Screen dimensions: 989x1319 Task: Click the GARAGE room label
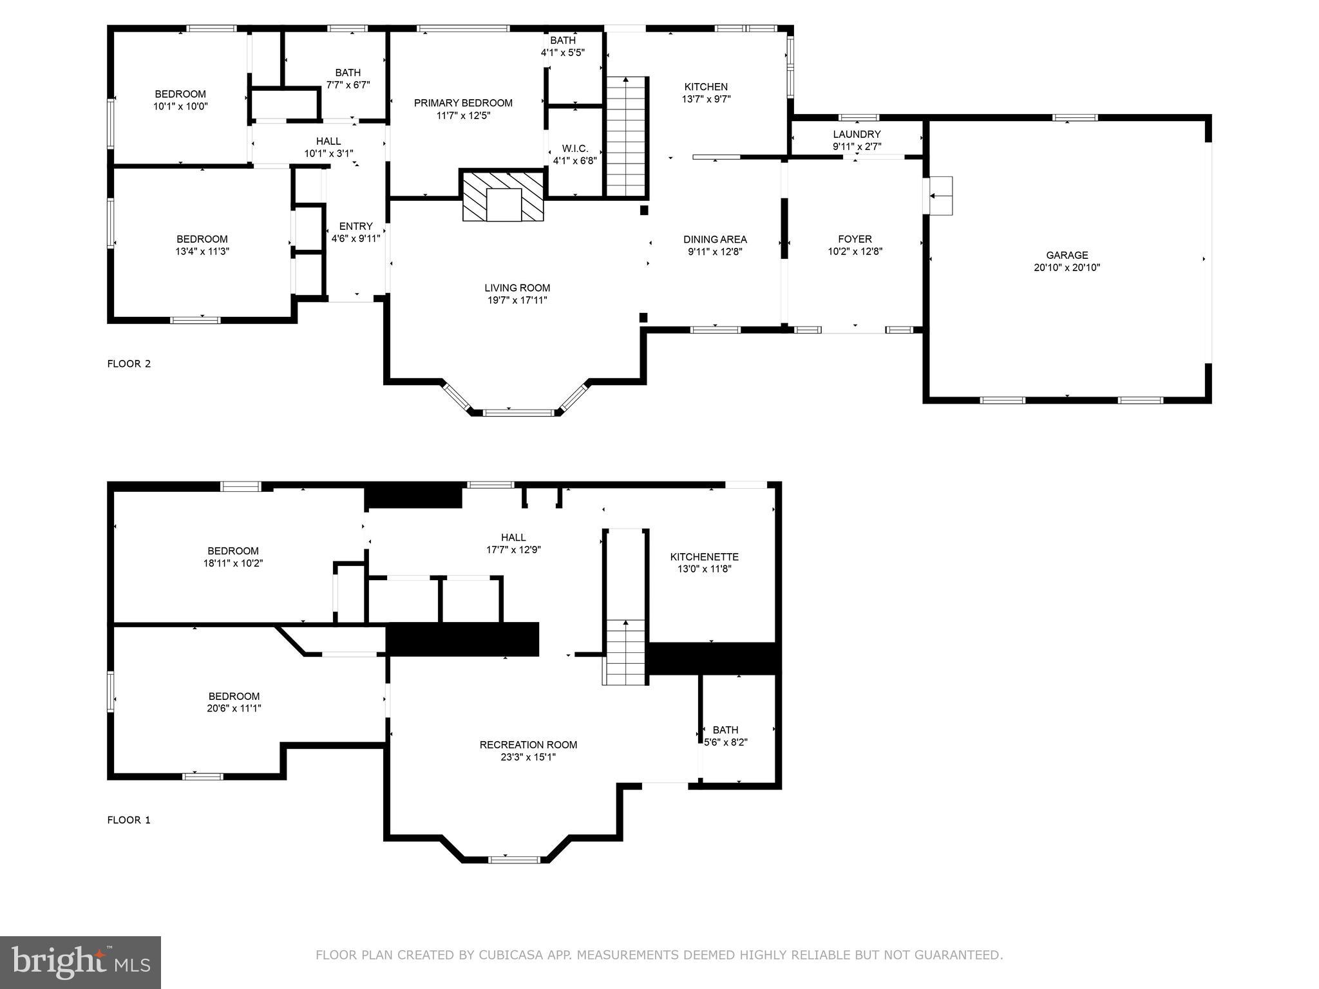1067,255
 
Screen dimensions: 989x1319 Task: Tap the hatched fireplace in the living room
503,196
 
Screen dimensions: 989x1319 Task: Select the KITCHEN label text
706,87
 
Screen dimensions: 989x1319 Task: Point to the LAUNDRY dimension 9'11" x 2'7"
857,146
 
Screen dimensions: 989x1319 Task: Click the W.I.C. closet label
574,149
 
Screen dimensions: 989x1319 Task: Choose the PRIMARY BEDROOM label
463,103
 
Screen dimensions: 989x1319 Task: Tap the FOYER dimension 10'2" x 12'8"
855,252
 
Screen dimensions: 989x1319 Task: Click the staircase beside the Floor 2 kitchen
626,137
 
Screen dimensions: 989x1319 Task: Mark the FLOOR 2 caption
129,364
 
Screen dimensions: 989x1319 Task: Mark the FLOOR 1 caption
129,820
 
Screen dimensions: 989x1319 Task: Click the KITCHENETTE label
704,557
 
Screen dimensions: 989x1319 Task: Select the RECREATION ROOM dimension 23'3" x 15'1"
528,757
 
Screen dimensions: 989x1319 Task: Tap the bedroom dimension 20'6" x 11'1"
234,708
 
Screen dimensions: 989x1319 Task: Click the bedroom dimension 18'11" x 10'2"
233,563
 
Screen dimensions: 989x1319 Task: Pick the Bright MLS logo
81,963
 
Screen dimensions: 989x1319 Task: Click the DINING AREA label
715,240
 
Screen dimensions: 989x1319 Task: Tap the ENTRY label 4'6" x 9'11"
356,232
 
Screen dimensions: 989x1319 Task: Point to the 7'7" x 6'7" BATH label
348,79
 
